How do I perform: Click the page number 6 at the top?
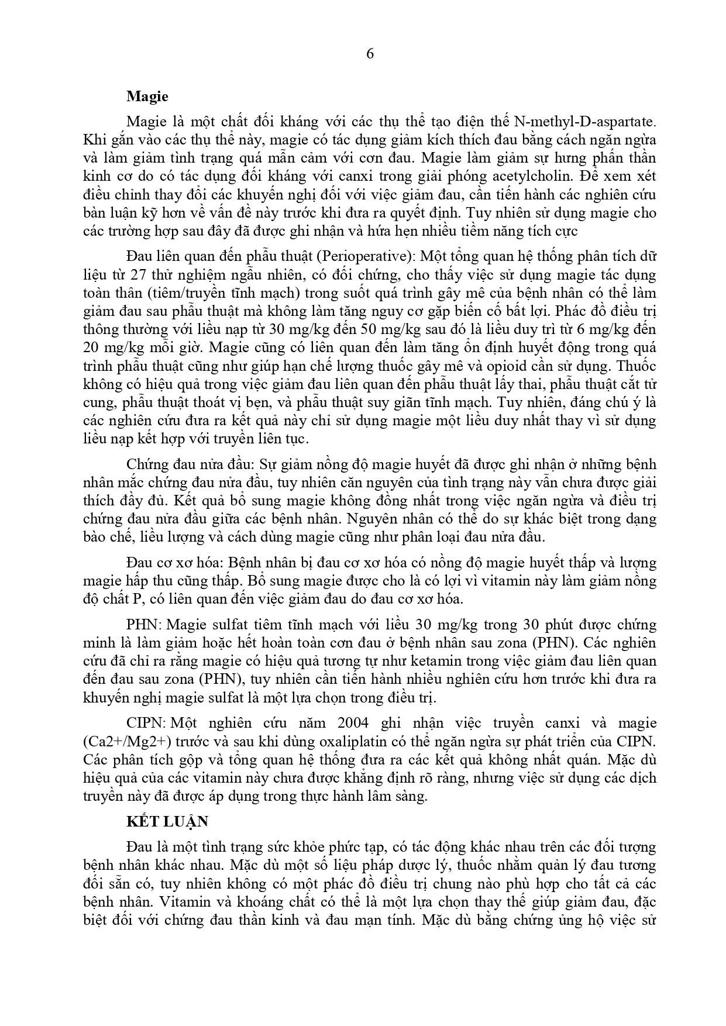369,54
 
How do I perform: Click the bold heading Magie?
147,97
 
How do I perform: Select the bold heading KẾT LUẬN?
167,821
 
